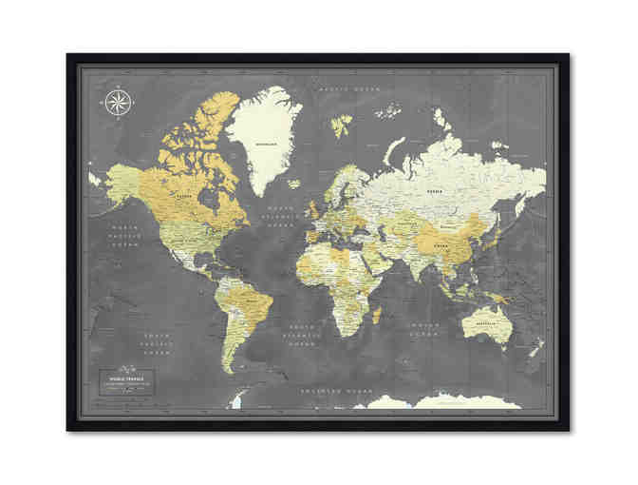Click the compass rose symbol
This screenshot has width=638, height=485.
coord(119,101)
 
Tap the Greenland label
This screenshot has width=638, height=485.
coord(267,145)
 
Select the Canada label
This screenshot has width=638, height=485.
coord(182,197)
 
